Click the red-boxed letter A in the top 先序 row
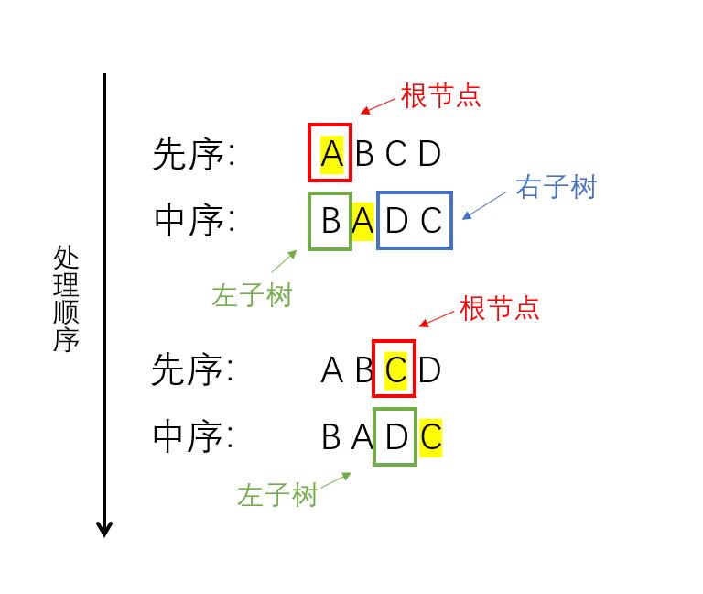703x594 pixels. [x=330, y=153]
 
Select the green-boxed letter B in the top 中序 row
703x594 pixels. [x=330, y=220]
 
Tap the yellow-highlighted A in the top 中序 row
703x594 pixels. [x=363, y=220]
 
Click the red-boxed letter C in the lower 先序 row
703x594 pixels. [x=395, y=369]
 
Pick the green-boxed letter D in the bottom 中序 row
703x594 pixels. [x=395, y=436]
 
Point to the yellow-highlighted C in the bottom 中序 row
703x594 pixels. [x=430, y=436]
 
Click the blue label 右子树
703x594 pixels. [x=556, y=187]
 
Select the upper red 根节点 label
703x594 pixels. [x=440, y=95]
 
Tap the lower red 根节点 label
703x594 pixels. [x=499, y=307]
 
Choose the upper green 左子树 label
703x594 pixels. [x=252, y=295]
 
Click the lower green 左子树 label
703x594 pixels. [x=276, y=495]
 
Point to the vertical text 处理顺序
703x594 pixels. [x=66, y=299]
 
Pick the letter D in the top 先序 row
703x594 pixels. [x=429, y=154]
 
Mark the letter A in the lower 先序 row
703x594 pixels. [x=331, y=370]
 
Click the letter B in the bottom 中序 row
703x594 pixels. [x=330, y=437]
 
